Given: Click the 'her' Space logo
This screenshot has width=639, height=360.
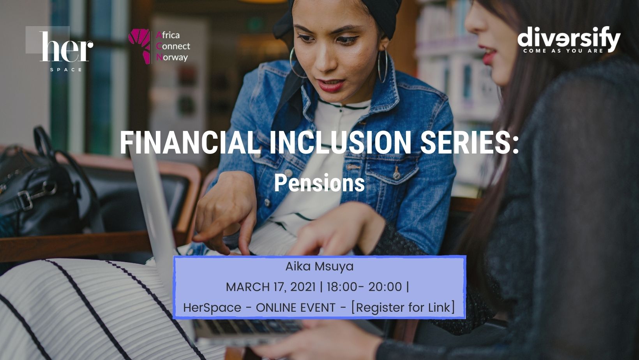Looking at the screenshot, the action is pos(59,48).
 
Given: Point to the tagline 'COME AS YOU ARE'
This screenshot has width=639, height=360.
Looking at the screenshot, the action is pos(563,51).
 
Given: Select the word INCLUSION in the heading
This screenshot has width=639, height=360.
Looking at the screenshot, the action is pos(340,143).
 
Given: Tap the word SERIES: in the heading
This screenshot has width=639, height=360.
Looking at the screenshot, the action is pos(470,143).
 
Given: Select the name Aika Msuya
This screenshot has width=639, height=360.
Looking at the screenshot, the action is pos(319,266).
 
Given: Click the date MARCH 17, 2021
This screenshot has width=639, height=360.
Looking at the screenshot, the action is pos(271,287).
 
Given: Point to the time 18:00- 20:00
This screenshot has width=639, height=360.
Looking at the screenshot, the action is pos(364,287).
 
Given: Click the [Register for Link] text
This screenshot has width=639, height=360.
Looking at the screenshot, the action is pos(403,307).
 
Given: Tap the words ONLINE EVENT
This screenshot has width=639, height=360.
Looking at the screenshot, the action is pos(295,308).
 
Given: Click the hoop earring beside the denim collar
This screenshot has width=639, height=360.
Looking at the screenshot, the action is pos(383,65).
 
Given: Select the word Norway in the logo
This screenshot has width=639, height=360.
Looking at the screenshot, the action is pos(172,58).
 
